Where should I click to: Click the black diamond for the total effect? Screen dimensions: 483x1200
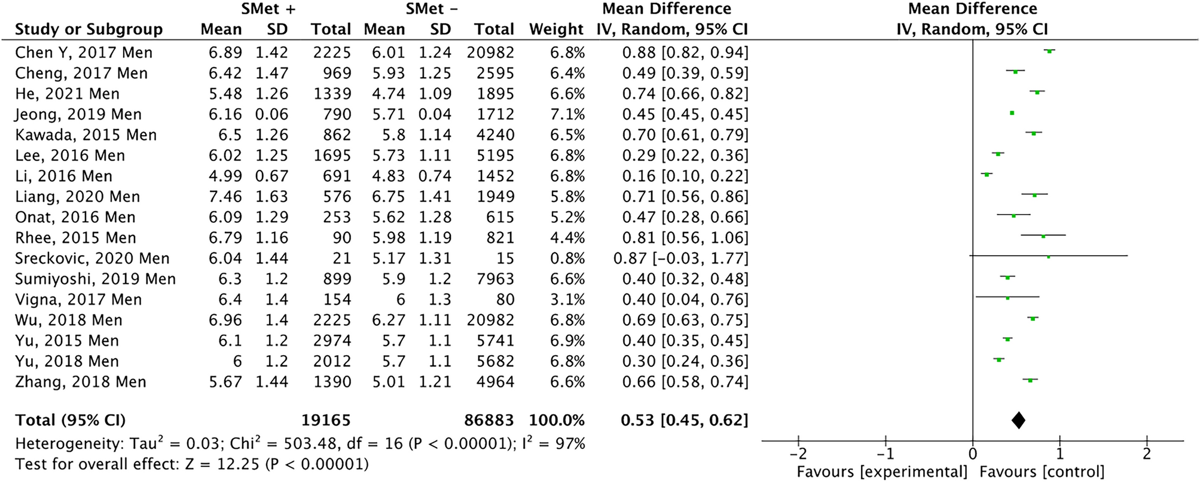click(1018, 420)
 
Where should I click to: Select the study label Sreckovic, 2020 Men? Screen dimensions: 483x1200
click(92, 258)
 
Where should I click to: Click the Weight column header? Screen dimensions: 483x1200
click(556, 29)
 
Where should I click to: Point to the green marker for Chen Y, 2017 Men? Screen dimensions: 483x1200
click(1049, 51)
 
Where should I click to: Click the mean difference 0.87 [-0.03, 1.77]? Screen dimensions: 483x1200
click(680, 258)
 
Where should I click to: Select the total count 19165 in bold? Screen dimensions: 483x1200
click(326, 420)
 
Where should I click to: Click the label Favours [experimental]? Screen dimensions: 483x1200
click(882, 472)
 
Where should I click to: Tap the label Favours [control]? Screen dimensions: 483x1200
click(1042, 472)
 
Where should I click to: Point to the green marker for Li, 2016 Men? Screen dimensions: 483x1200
click(987, 175)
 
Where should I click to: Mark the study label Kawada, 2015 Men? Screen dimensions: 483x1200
click(86, 135)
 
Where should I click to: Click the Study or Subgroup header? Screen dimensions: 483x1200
click(88, 29)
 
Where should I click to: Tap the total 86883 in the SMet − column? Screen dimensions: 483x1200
click(488, 420)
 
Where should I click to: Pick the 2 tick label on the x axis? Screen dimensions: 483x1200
click(1146, 454)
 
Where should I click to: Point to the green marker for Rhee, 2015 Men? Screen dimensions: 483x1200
click(1043, 236)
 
